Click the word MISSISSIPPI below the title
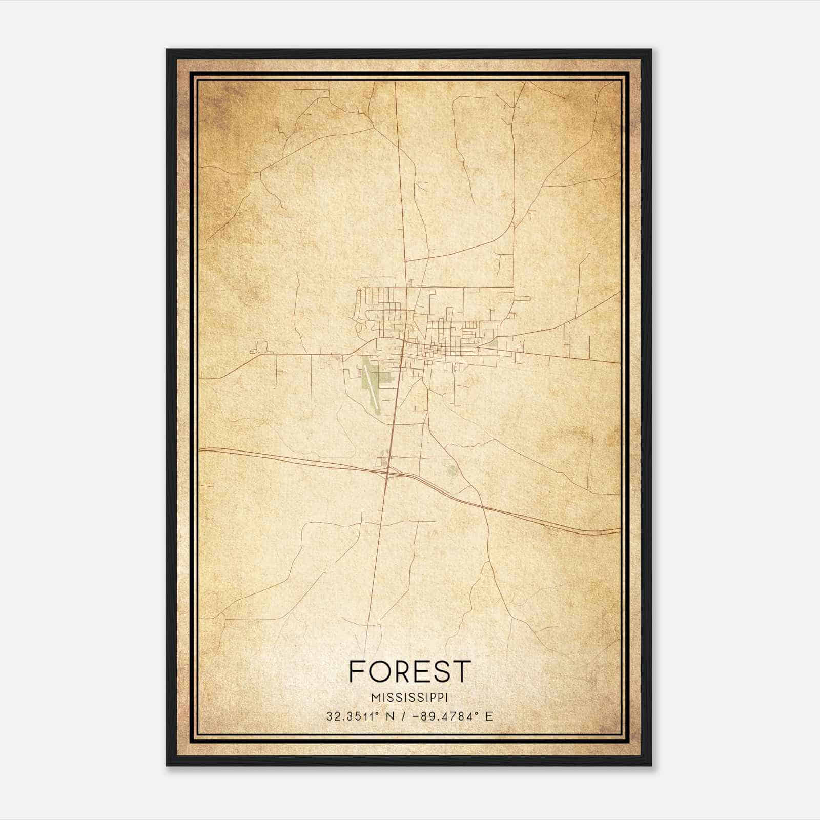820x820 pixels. pos(409,698)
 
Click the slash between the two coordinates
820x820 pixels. pos(405,716)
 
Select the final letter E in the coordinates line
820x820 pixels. pos(489,716)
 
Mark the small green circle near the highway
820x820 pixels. pos(452,469)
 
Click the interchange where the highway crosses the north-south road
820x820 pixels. pos(388,471)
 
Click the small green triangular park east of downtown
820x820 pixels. pos(493,342)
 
